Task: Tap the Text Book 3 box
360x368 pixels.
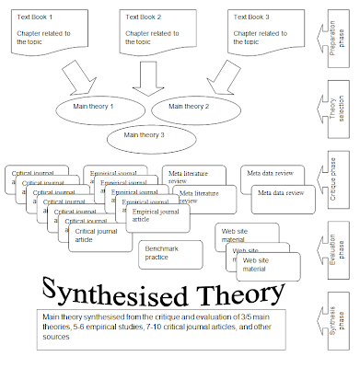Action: point(261,29)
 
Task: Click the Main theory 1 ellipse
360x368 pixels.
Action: point(100,107)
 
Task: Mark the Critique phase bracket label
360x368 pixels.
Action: point(343,181)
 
